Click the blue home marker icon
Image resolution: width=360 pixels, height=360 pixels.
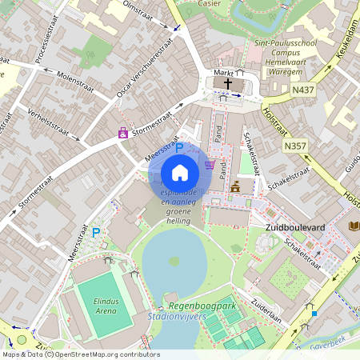click(180, 173)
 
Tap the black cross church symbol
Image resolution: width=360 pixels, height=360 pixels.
click(228, 84)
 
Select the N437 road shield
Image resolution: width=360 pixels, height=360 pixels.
click(303, 90)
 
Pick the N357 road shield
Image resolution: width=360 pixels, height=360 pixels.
click(294, 147)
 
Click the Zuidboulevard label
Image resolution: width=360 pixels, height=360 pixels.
click(294, 228)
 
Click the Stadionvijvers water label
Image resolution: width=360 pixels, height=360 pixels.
click(178, 318)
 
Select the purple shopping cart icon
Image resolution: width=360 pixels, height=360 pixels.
click(210, 165)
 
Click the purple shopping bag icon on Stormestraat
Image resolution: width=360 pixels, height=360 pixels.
click(123, 133)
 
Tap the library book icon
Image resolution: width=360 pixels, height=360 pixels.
click(354, 226)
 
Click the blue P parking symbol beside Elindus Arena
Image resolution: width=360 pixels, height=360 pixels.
click(96, 233)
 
